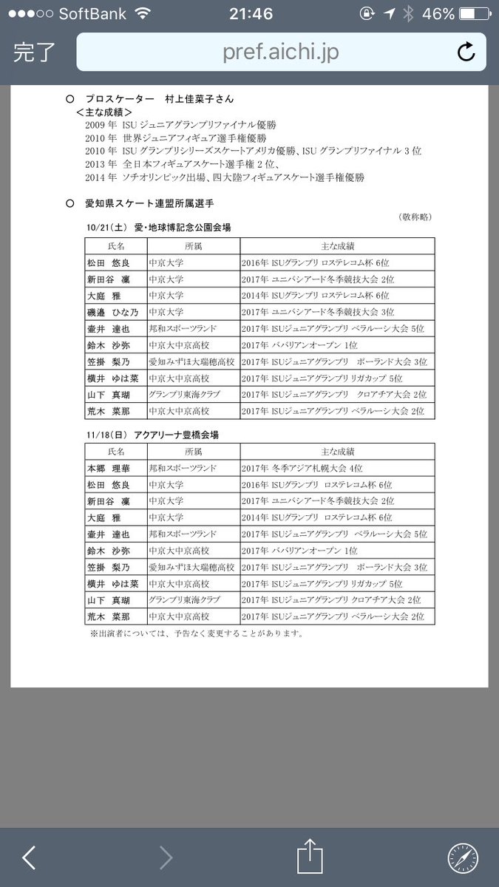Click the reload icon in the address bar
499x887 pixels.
tap(466, 52)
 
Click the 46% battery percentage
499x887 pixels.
tap(439, 14)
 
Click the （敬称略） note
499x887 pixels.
tap(416, 217)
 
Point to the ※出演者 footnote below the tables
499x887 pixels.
tap(196, 633)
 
